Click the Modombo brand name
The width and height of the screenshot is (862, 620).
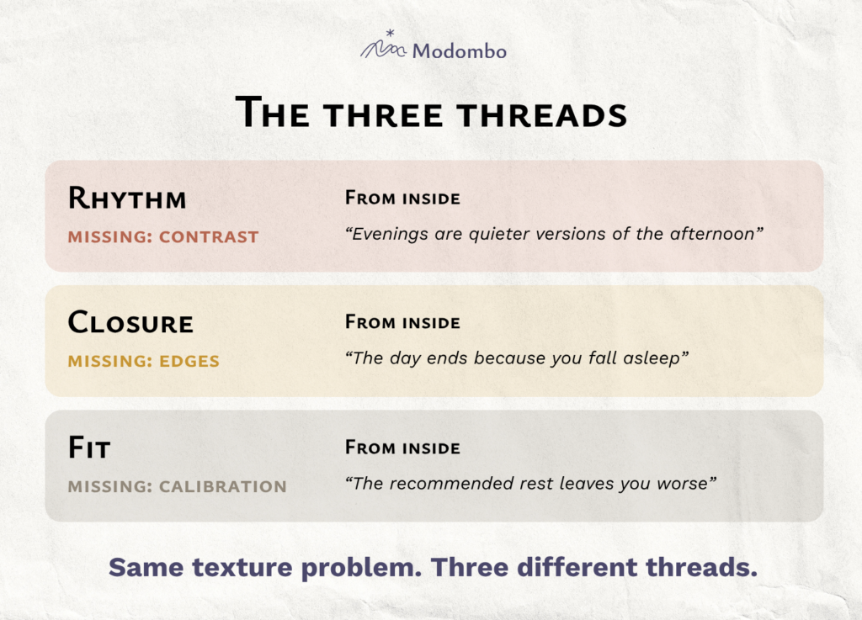tap(460, 51)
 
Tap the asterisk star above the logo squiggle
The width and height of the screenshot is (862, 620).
tap(391, 33)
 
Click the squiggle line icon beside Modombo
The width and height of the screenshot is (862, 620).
tap(383, 50)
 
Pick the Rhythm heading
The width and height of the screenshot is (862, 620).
tap(127, 199)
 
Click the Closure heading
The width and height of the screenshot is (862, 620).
tap(130, 322)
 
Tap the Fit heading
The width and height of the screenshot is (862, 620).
tap(89, 448)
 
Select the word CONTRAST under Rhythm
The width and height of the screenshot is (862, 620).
tap(209, 236)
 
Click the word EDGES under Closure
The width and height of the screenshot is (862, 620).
tap(189, 361)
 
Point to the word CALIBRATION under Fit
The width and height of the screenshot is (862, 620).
tap(222, 486)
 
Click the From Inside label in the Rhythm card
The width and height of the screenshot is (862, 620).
tap(402, 198)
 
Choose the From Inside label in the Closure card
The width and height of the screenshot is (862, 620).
tap(402, 322)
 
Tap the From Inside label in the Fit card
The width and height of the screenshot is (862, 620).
tap(402, 447)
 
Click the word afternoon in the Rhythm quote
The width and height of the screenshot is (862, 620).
tap(712, 234)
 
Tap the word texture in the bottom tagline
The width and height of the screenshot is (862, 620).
tap(242, 567)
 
